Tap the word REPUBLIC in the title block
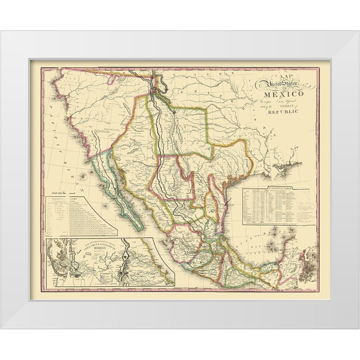[283, 112]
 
